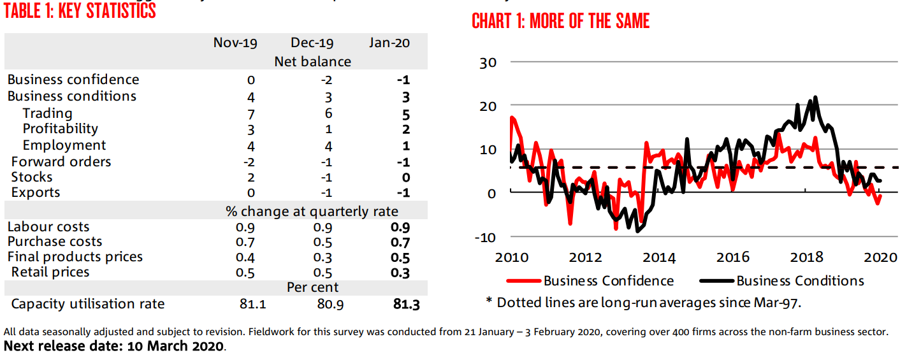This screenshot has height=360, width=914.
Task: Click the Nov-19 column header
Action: click(235, 43)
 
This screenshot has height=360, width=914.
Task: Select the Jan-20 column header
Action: click(389, 43)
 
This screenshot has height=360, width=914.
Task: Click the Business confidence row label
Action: click(73, 80)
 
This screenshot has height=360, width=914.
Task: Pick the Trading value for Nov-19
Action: click(251, 115)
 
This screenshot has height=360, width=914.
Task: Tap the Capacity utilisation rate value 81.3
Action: click(406, 305)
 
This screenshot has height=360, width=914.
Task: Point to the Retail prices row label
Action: click(50, 272)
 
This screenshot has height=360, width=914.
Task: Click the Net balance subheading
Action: click(312, 62)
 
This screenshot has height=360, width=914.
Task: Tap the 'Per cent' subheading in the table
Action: click(312, 287)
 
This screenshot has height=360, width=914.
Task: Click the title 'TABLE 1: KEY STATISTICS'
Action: click(80, 11)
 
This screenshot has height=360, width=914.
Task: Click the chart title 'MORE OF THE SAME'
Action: click(560, 21)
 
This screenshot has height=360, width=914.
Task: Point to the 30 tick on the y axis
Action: click(488, 63)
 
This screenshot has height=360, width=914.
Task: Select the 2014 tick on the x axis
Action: click(658, 257)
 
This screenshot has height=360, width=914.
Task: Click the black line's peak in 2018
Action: click(815, 97)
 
